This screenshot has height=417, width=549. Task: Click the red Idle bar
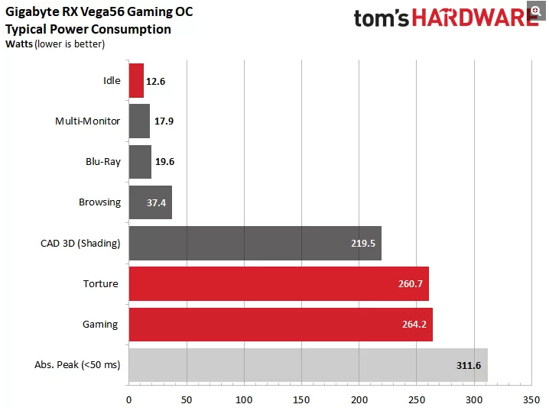[136, 80]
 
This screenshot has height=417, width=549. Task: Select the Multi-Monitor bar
[139, 121]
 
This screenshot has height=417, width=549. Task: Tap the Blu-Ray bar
[140, 162]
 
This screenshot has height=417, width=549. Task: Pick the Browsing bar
[150, 202]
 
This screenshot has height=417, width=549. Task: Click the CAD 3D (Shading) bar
[255, 243]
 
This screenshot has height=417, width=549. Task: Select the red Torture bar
[278, 283]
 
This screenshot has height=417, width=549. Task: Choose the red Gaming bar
[280, 325]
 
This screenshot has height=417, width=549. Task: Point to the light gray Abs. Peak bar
[307, 365]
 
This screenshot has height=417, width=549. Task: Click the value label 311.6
[467, 366]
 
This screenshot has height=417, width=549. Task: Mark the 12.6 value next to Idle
[157, 81]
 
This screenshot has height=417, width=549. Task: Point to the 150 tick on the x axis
[301, 399]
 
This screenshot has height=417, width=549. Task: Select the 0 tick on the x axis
[129, 399]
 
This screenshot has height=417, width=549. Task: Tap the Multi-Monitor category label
[88, 121]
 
